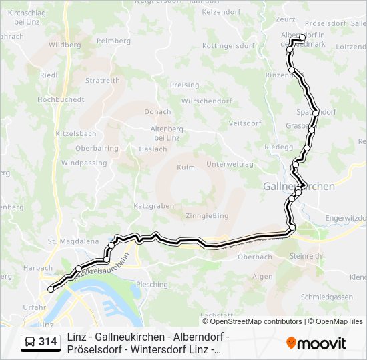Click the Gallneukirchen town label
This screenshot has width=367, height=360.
click(x=299, y=187)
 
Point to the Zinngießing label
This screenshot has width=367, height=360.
click(x=207, y=216)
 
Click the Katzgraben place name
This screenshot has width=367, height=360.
click(x=153, y=206)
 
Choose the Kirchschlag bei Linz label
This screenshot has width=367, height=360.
click(x=26, y=17)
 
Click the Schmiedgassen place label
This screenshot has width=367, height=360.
click(x=327, y=297)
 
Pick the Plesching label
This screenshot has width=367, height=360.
click(x=152, y=285)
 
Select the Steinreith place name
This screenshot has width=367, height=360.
click(x=306, y=255)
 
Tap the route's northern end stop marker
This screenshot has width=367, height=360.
click(x=302, y=37)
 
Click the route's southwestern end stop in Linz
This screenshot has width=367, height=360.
click(x=51, y=289)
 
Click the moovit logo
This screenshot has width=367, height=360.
click(x=316, y=343)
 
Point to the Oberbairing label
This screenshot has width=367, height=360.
click(x=97, y=148)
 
